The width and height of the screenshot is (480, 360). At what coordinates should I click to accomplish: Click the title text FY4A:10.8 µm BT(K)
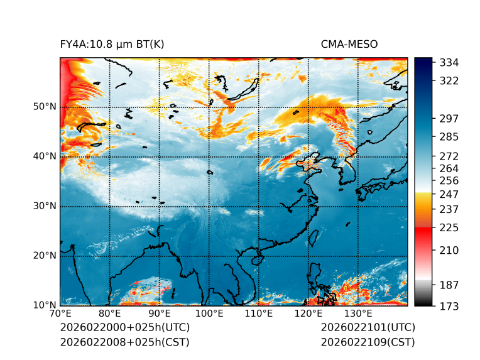(112, 44)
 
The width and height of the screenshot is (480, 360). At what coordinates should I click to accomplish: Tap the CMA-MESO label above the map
(349, 44)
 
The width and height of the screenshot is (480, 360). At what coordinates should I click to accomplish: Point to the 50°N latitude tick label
(45, 107)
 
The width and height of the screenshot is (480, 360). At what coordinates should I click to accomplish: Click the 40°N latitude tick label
(45, 156)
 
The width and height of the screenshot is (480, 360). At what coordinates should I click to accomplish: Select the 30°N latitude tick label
(45, 206)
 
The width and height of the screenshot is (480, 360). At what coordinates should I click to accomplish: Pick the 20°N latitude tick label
(45, 256)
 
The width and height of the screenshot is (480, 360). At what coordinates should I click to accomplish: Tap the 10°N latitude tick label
(45, 305)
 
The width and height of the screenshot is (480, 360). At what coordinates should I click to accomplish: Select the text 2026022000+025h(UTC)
(124, 328)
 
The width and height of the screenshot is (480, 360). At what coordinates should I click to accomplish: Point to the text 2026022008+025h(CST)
(124, 342)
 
